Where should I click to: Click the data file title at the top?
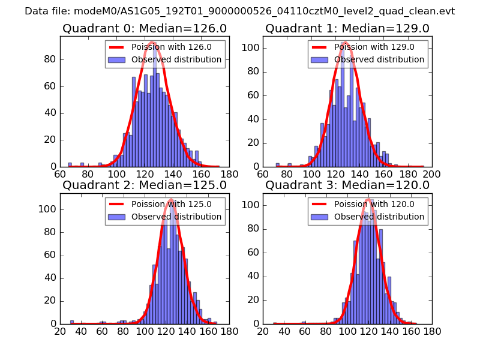pyautogui.click(x=240, y=11)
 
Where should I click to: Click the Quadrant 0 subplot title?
pyautogui.click(x=145, y=29)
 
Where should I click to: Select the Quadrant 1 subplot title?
pyautogui.click(x=347, y=29)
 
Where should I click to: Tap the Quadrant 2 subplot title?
pyautogui.click(x=145, y=185)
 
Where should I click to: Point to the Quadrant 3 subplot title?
pyautogui.click(x=347, y=185)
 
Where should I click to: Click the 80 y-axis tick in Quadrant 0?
pyautogui.click(x=49, y=59)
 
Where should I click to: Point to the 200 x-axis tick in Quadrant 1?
pyautogui.click(x=431, y=175)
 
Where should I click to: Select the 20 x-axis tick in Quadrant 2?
pyautogui.click(x=60, y=331)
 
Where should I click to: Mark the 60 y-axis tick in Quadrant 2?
pyautogui.click(x=49, y=255)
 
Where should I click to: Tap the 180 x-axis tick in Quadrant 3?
pyautogui.click(x=431, y=331)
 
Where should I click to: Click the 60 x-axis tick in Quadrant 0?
pyautogui.click(x=60, y=175)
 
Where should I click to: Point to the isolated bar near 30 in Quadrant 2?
pyautogui.click(x=72, y=322)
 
